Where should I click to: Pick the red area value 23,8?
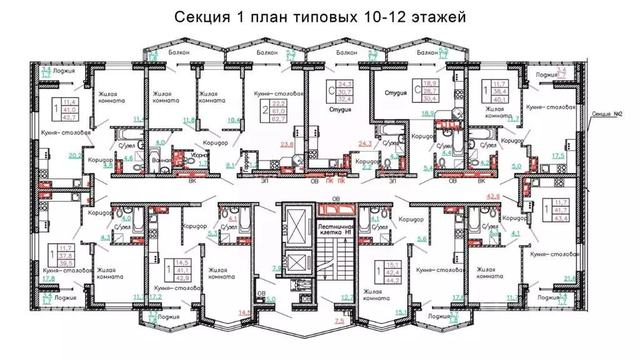287,144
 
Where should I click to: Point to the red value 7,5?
339,321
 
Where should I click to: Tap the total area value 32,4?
344,99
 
